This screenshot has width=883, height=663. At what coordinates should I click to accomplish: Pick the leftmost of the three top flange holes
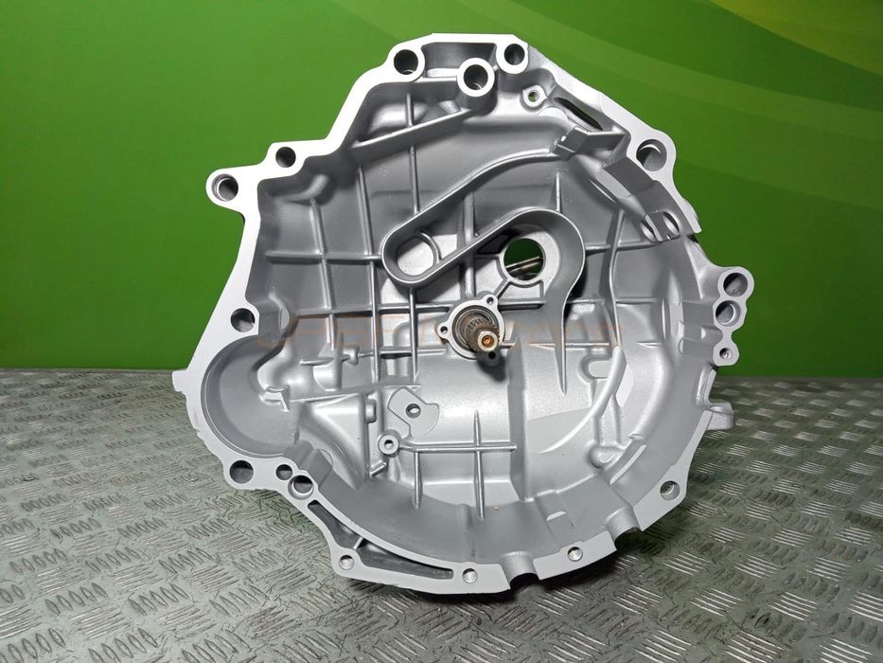406,63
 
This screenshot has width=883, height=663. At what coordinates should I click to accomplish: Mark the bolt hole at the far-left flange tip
224,187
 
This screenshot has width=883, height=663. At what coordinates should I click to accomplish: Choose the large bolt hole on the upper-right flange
651,152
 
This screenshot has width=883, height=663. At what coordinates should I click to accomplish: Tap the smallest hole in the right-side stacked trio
725,354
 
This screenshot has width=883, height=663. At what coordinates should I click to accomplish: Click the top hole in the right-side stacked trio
734,282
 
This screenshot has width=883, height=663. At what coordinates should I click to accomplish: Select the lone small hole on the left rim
242,320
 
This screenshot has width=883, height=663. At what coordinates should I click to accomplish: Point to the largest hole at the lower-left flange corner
241,471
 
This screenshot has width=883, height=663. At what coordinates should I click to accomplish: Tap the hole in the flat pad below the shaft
413,410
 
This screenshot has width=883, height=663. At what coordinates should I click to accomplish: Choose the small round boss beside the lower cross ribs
387,443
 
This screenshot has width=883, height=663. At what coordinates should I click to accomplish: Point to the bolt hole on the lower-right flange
668,490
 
